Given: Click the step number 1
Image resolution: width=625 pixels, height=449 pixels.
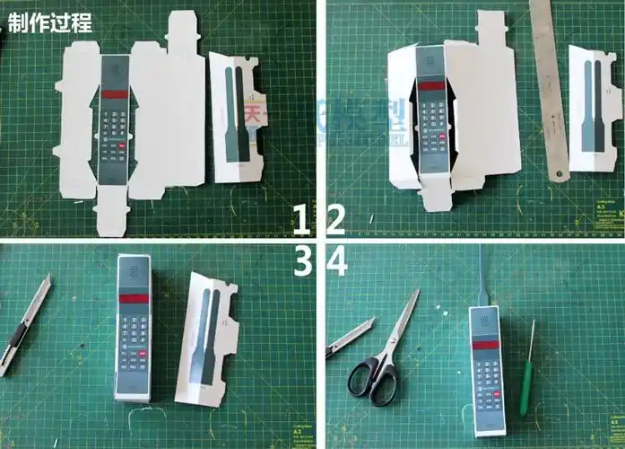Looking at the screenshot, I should pos(304,219).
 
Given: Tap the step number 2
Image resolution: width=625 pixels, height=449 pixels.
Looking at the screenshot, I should pos(335,219).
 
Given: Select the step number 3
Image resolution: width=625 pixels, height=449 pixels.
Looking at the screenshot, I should pos(304,261).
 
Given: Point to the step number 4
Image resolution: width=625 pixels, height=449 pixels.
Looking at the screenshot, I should pos(337,261).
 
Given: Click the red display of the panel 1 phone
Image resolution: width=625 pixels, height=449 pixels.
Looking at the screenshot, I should pos(114,93).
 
